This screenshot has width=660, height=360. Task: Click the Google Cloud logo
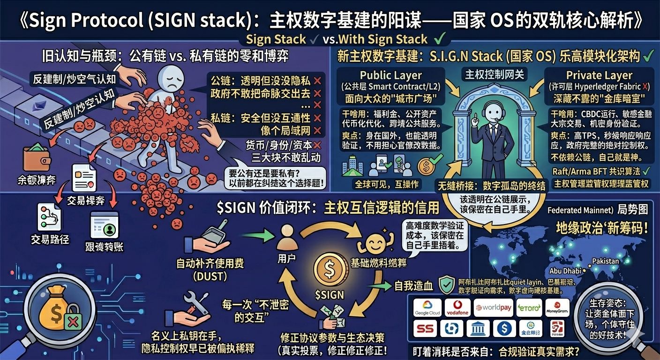[427, 308]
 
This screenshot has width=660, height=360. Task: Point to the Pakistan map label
[605, 261]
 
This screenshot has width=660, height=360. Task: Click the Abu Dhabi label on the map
[564, 270]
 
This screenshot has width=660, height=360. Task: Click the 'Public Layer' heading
[391, 75]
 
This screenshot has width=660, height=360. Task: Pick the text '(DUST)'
[210, 277]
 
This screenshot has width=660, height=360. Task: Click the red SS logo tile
[425, 329]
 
